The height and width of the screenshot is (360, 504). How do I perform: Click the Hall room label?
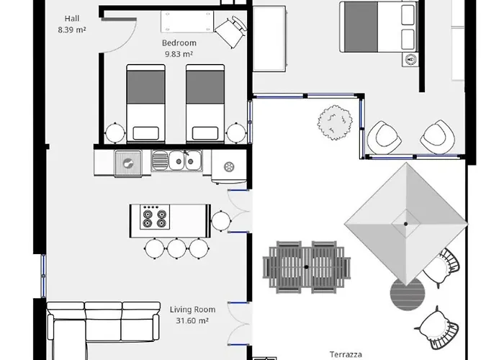[72, 19]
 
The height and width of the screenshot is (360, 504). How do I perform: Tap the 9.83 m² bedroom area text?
[179, 54]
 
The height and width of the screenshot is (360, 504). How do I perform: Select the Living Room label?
[192, 310]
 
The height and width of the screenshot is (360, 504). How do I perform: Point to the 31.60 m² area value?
[192, 320]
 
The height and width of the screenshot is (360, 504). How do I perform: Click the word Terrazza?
[346, 354]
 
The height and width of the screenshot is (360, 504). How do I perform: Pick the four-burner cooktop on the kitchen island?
[155, 217]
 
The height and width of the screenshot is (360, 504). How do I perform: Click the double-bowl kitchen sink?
[177, 161]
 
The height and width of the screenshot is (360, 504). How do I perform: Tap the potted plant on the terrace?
[335, 122]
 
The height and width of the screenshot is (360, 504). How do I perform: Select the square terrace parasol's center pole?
[406, 224]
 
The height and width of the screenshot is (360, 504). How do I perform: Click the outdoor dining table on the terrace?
[306, 267]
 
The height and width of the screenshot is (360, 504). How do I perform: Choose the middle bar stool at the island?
[176, 248]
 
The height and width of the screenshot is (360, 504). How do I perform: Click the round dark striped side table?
[408, 294]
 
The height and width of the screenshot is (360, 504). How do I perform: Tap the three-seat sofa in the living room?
[104, 321]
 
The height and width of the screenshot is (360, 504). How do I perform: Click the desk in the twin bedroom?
[187, 22]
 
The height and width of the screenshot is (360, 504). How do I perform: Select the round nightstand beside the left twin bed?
[115, 132]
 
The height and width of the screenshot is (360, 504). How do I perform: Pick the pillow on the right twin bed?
[205, 133]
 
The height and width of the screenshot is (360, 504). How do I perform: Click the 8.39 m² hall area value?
[72, 30]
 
